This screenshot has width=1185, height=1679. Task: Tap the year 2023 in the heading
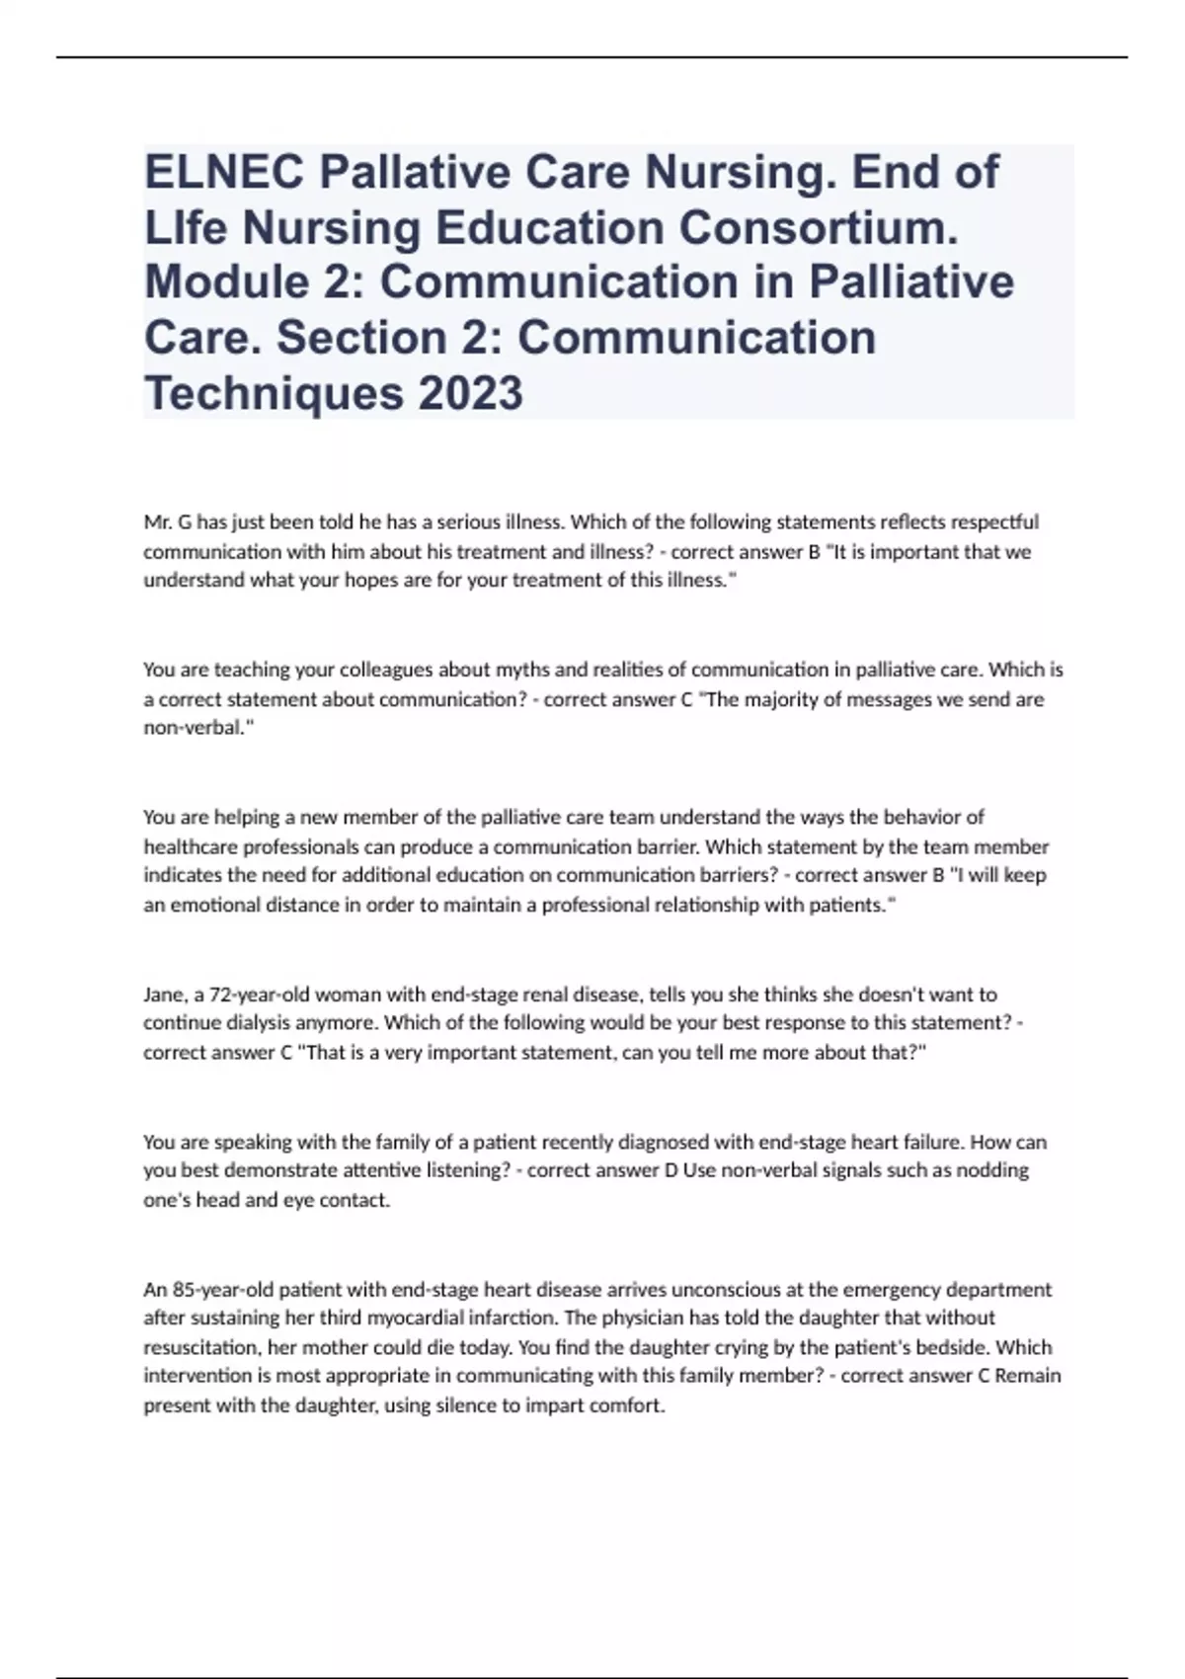click(x=471, y=393)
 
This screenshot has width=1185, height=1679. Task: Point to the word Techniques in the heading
click(x=274, y=393)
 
